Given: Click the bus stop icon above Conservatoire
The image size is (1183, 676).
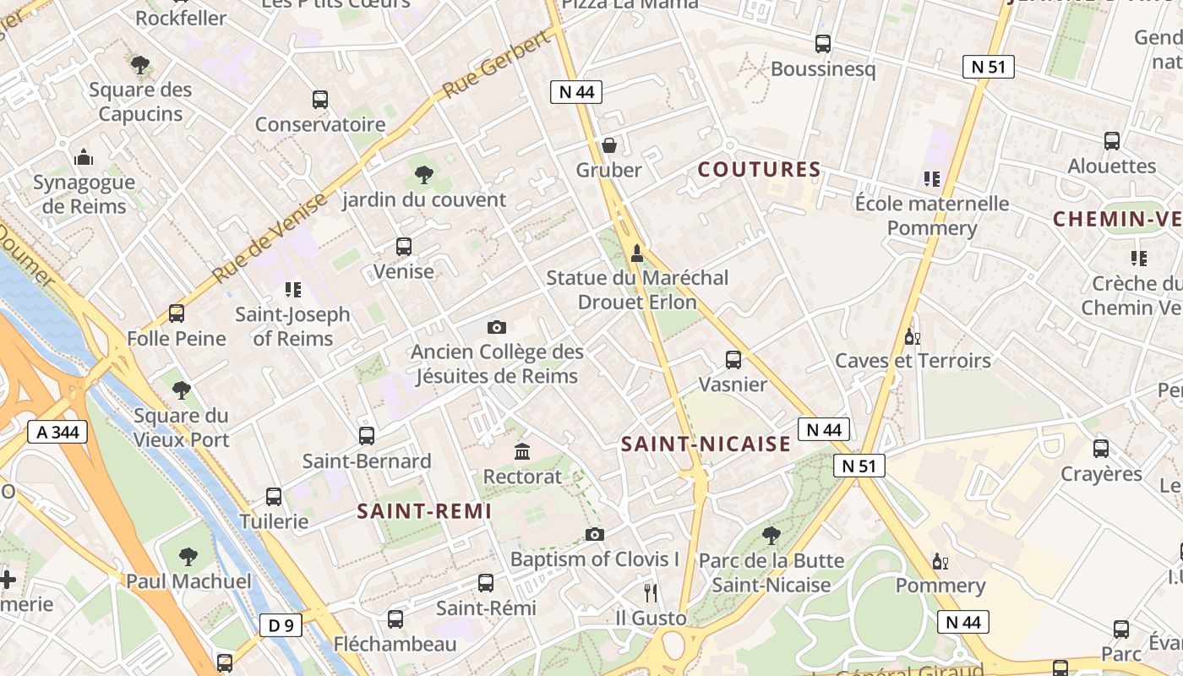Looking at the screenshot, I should pos(320,100).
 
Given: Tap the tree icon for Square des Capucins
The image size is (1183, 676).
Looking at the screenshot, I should pos(141,65).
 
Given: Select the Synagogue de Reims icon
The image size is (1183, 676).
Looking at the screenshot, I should pos(84,157).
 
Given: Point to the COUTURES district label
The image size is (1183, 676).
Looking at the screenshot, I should pos(759,170).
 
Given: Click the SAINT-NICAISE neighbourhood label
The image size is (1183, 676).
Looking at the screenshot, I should pos(706,444).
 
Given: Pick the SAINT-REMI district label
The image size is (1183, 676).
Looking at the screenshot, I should pos(424,511).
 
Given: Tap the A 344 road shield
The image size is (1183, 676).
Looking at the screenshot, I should pos(57,433).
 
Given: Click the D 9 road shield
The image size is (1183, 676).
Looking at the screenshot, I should pos(281,625).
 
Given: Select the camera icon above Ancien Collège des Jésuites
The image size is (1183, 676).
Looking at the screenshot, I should pos(497,327).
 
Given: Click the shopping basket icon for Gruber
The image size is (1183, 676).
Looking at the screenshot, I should pos(608,145).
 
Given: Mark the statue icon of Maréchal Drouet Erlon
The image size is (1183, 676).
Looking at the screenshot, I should pos(637,253).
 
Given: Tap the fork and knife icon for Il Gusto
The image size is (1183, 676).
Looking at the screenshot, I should pos(650,592).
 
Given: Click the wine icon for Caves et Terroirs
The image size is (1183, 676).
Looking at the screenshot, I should pos(913,336).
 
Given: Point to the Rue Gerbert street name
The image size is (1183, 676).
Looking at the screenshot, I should pos(497,66).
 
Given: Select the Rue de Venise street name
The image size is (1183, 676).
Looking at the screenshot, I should pos(270,239).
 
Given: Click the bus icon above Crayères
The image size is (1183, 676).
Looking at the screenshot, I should pos(1101,449).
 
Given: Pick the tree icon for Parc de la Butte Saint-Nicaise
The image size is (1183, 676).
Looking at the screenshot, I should pos(771,535).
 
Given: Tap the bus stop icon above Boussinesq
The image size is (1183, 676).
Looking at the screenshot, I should pos(823,44).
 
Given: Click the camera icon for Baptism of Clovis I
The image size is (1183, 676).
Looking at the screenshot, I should pos(595,534).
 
